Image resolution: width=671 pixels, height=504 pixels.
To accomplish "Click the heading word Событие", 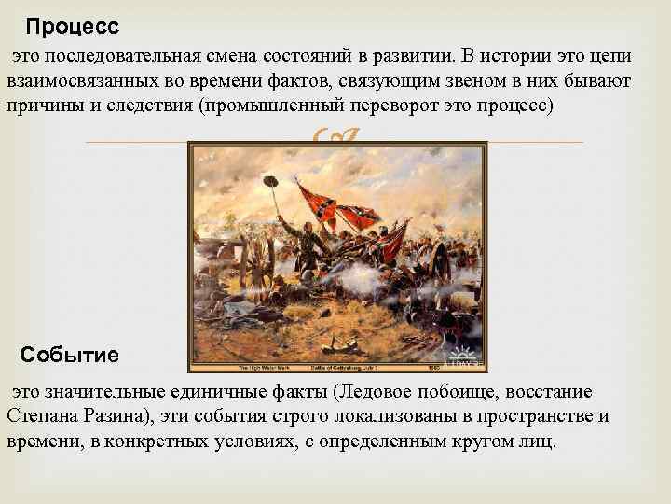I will [x=70, y=356].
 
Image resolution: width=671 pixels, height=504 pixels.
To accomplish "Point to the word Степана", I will [x=39, y=415].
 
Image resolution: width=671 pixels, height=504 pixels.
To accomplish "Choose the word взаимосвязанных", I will [x=79, y=81].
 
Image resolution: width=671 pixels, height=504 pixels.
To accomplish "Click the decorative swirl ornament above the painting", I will [x=336, y=139].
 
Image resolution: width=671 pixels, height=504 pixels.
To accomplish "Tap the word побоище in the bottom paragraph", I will [x=451, y=392].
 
